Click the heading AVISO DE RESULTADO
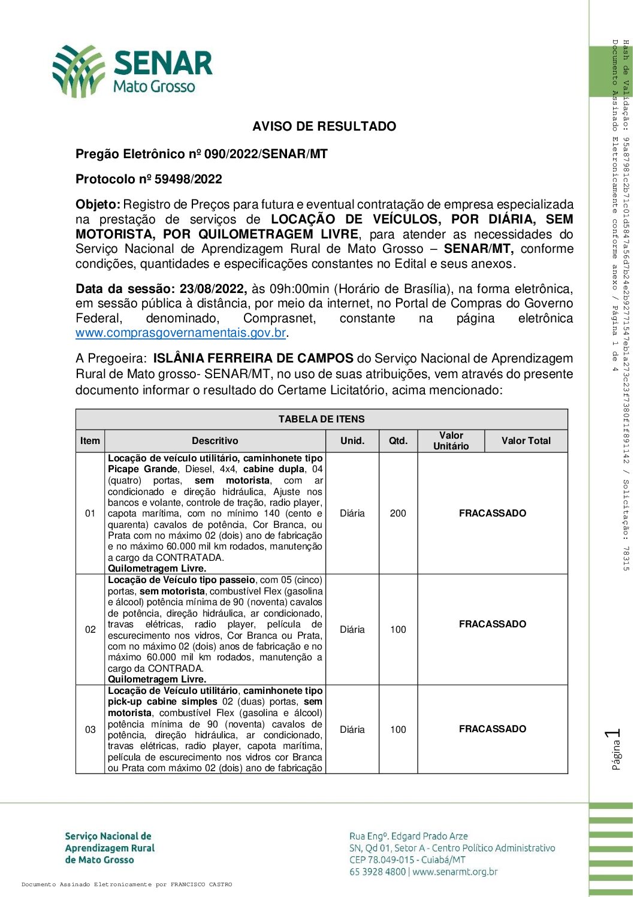(324, 126)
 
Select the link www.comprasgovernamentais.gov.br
(180, 333)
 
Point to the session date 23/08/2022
(213, 289)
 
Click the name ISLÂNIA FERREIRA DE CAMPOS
(253, 358)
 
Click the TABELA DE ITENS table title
(321, 419)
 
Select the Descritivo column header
(215, 440)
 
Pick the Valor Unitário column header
(451, 440)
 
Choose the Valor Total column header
(526, 440)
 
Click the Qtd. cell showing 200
(398, 514)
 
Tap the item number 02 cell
(90, 630)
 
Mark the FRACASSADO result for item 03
(493, 729)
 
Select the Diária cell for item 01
(352, 514)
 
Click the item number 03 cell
(90, 730)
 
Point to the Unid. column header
(352, 440)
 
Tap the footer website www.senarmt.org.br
(455, 872)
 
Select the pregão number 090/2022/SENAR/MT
(265, 154)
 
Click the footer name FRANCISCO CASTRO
(201, 884)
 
